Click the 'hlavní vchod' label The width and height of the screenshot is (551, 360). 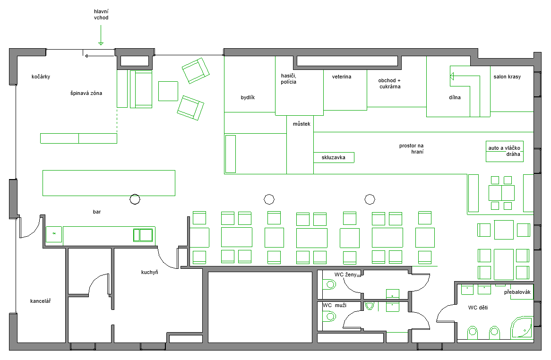101,14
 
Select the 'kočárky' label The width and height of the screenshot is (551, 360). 41,77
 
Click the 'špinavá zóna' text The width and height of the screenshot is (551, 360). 86,93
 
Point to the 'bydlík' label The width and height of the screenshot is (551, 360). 248,98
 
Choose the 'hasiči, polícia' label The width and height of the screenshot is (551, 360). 289,79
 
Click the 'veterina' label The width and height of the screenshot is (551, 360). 342,77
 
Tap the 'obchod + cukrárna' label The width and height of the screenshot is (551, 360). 390,83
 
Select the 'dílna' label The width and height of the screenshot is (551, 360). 455,97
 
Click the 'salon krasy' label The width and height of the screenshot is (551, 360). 507,77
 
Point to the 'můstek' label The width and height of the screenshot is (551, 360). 301,124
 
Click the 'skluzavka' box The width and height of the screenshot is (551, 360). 334,157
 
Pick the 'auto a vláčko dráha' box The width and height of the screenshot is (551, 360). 505,151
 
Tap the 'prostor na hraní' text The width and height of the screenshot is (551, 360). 412,148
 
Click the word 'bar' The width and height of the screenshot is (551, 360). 96,212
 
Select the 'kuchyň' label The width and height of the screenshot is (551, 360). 150,272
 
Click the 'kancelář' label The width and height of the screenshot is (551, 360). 41,301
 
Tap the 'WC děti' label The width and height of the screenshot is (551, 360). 478,308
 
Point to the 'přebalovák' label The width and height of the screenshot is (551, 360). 517,292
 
